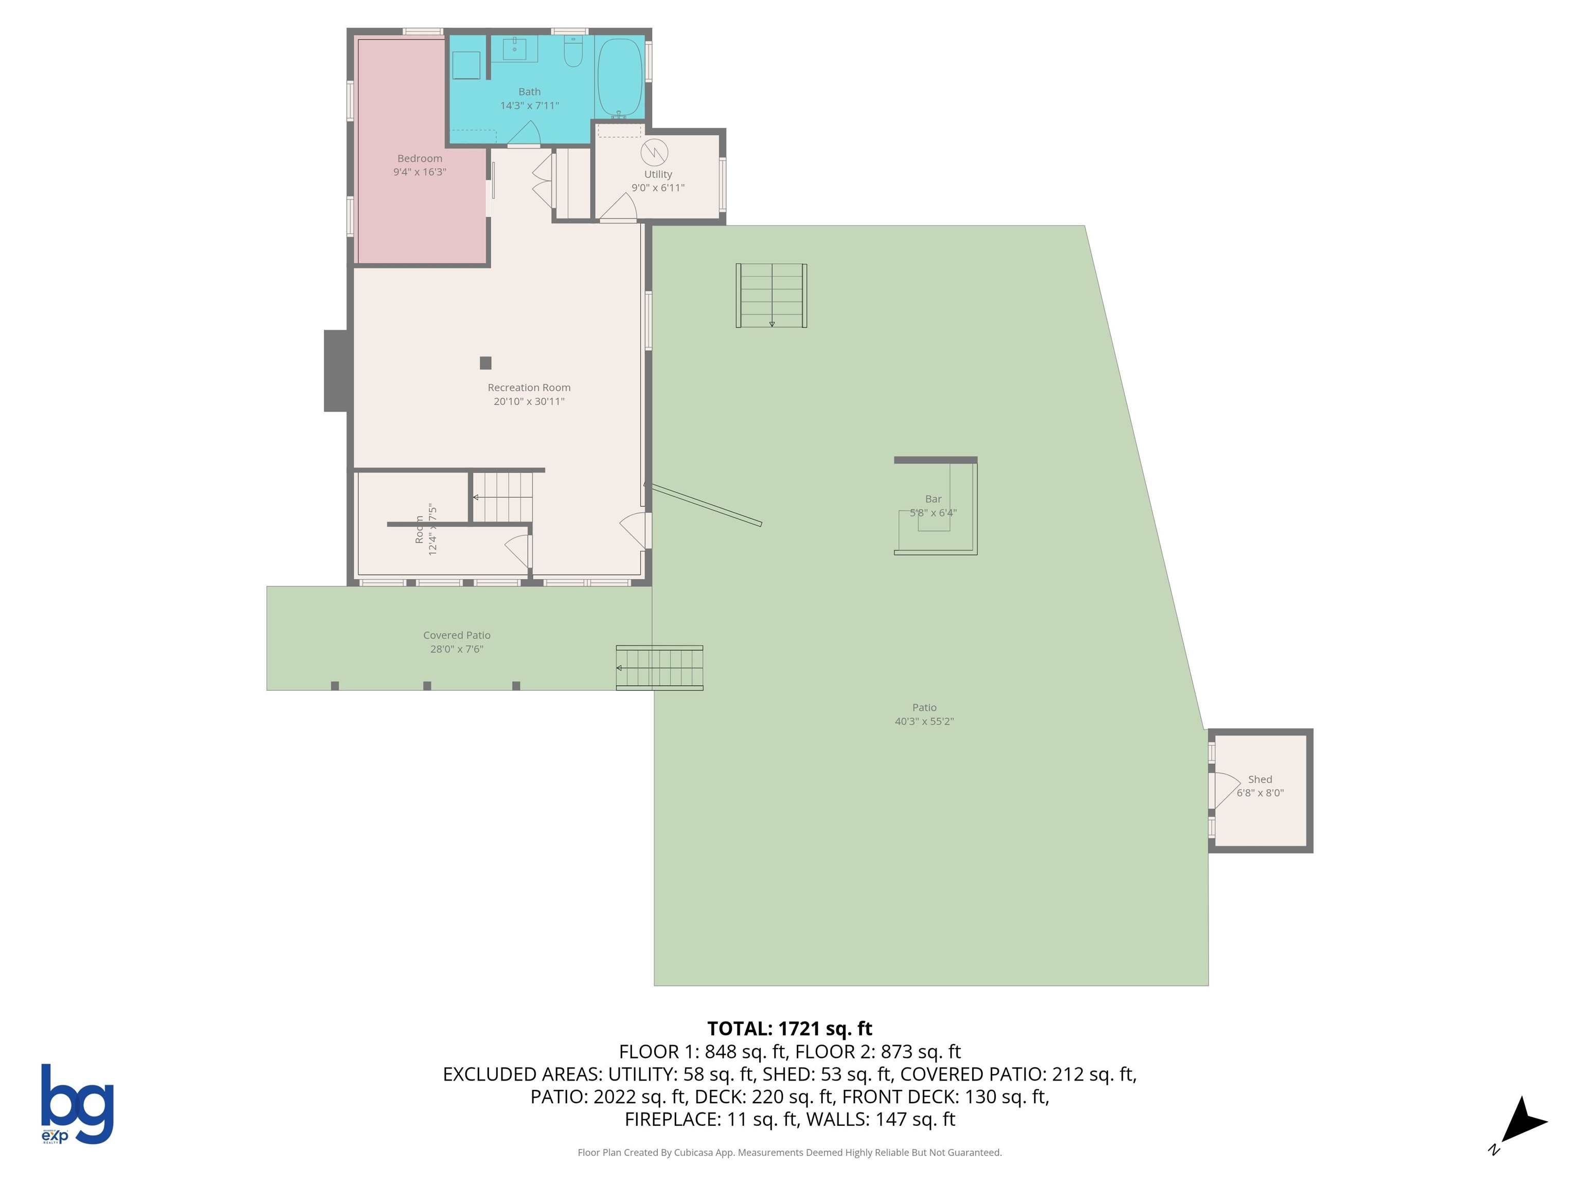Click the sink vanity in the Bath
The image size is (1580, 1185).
pyautogui.click(x=514, y=50)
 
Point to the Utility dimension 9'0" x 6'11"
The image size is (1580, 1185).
pyautogui.click(x=657, y=188)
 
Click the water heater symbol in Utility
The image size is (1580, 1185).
pyautogui.click(x=654, y=152)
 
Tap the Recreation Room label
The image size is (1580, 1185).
pyautogui.click(x=529, y=388)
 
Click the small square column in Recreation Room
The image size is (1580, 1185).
pyautogui.click(x=486, y=363)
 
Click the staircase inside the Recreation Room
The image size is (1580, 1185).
pyautogui.click(x=504, y=497)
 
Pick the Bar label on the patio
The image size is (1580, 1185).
pyautogui.click(x=933, y=499)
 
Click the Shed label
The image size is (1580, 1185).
pyautogui.click(x=1260, y=779)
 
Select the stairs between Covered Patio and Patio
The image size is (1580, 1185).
pyautogui.click(x=659, y=668)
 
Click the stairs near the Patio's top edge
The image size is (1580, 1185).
pyautogui.click(x=771, y=296)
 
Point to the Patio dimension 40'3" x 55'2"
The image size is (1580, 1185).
pyautogui.click(x=924, y=722)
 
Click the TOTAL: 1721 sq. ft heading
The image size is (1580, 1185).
pyautogui.click(x=789, y=1029)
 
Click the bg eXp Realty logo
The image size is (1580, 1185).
pyautogui.click(x=77, y=1104)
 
